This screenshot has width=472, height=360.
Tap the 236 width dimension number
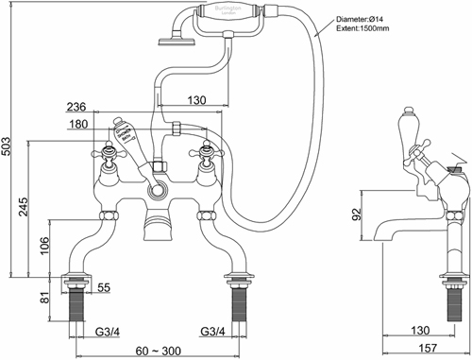(77, 107)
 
